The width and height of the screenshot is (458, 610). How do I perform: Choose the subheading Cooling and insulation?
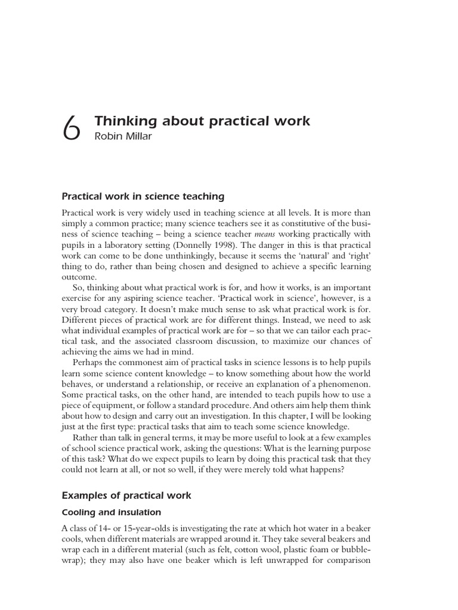[x=112, y=512]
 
